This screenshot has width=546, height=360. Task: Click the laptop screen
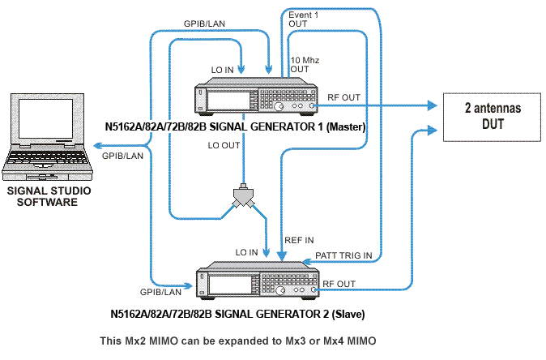45,119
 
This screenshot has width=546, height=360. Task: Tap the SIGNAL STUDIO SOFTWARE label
49,196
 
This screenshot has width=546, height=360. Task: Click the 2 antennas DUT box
492,117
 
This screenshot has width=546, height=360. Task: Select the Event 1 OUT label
303,19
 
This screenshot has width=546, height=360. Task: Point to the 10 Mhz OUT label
305,65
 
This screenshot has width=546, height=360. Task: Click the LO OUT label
224,145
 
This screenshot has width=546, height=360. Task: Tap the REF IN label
299,240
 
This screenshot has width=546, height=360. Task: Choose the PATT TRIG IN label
343,255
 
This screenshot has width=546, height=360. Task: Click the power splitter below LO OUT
243,196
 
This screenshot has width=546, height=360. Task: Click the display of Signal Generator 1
228,101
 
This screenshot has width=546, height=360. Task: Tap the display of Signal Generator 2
230,285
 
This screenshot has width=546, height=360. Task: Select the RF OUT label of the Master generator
343,97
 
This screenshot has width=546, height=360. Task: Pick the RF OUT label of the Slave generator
339,284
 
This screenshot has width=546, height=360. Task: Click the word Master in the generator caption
345,126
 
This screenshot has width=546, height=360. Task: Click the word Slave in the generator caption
348,314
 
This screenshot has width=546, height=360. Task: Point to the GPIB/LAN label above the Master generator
204,24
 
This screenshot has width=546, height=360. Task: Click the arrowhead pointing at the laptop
98,146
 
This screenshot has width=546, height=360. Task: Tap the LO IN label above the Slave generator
246,252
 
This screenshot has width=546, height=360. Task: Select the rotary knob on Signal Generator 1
279,107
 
